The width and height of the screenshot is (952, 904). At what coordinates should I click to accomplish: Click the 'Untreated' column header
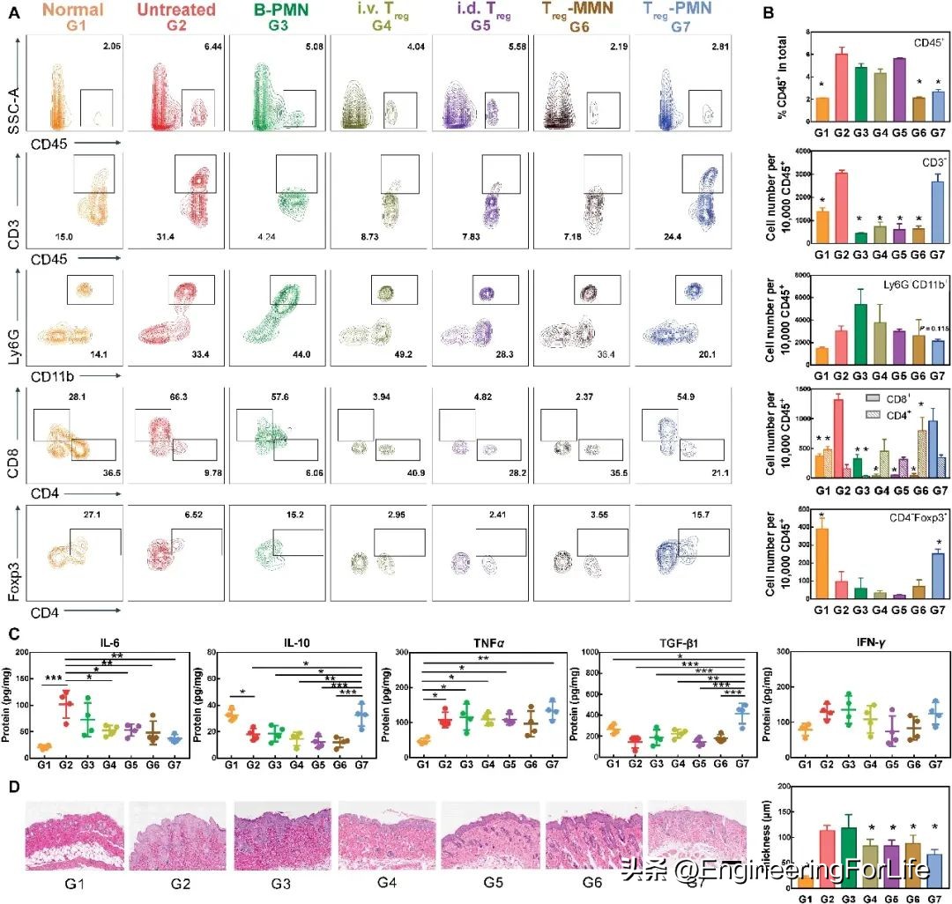[177, 10]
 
